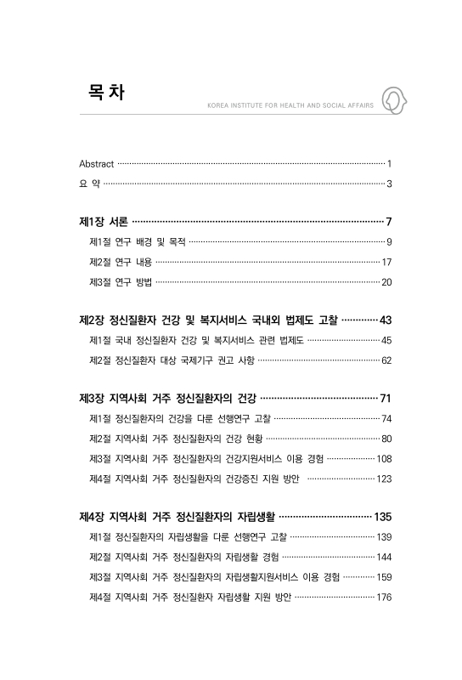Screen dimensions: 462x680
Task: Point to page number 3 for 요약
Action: (x=388, y=184)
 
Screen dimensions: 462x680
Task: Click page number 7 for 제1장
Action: (x=387, y=222)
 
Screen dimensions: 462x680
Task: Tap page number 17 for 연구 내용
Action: (x=386, y=262)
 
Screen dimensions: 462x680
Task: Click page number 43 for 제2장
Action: (x=385, y=320)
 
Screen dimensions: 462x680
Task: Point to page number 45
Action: (x=386, y=340)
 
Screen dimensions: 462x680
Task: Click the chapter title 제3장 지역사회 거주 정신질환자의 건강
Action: (x=166, y=399)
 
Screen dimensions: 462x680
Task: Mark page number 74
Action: (x=386, y=419)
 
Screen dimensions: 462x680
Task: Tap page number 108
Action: (x=384, y=458)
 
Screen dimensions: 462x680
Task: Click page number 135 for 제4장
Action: (x=382, y=517)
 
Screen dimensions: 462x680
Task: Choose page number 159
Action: (x=384, y=577)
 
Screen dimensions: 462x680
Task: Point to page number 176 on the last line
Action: (x=384, y=597)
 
